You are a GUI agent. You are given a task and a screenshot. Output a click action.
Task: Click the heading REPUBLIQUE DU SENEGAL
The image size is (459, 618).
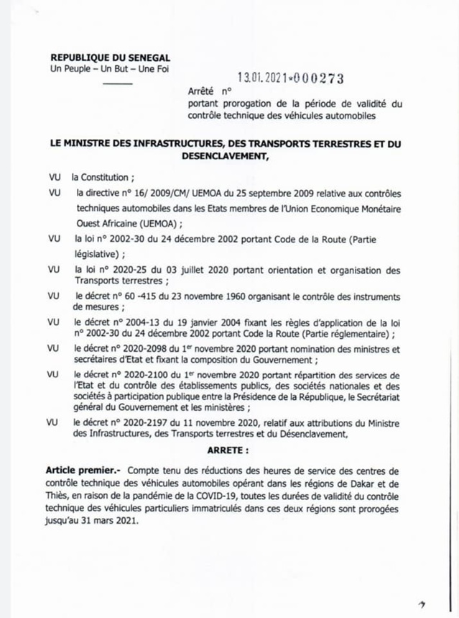point(110,58)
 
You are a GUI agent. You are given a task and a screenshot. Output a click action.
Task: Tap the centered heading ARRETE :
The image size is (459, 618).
point(229,450)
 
